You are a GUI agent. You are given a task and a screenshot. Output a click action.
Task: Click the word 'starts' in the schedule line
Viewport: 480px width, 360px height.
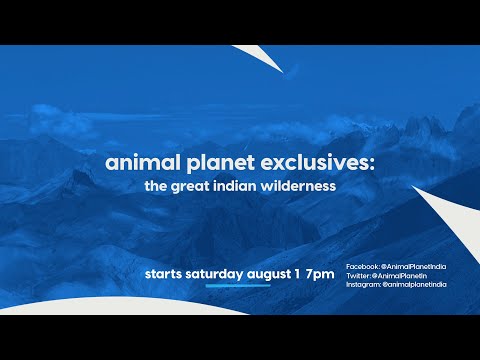tap(165, 273)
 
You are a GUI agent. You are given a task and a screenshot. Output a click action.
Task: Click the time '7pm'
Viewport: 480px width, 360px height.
tap(320, 273)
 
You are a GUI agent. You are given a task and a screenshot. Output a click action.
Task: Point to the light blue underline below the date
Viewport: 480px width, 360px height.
tap(237, 285)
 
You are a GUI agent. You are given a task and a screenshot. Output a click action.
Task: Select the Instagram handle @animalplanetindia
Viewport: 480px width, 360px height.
tap(413, 285)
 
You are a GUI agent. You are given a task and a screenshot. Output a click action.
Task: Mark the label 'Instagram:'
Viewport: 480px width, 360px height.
tap(362, 285)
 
